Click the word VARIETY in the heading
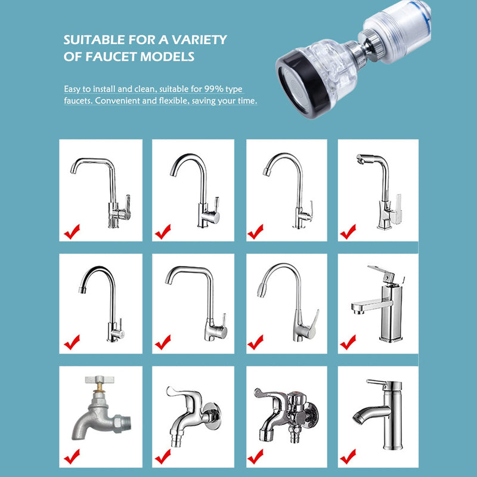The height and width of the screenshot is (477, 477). pos(200,41)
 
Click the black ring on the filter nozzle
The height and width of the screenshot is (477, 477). pos(293,78)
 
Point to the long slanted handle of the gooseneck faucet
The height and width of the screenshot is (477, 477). pos(311,323)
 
